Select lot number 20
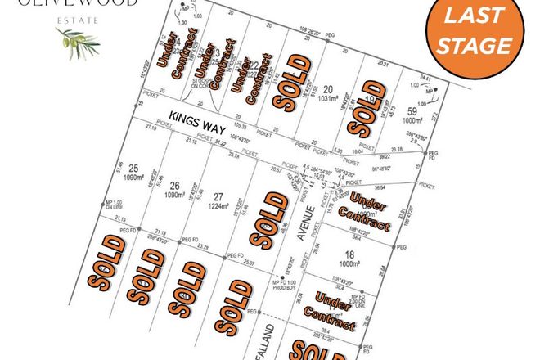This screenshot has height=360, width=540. click(x=328, y=89)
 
